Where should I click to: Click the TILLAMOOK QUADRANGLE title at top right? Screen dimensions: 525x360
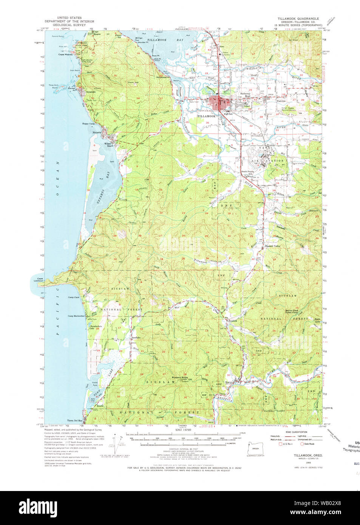298,19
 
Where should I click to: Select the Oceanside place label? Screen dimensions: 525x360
91,92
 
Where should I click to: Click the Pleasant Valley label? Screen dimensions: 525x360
272,246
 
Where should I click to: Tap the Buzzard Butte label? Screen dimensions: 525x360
179,377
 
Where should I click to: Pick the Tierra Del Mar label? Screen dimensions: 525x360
75,420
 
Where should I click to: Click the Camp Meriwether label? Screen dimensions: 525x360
76,316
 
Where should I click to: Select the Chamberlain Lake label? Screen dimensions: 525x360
96,327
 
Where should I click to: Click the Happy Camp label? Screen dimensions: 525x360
88,124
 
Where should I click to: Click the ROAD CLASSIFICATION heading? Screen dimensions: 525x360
296,432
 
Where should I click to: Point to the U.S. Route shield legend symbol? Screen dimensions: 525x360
280,444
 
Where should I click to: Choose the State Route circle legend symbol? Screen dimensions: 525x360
302,444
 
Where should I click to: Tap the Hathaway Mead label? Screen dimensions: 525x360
246,95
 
